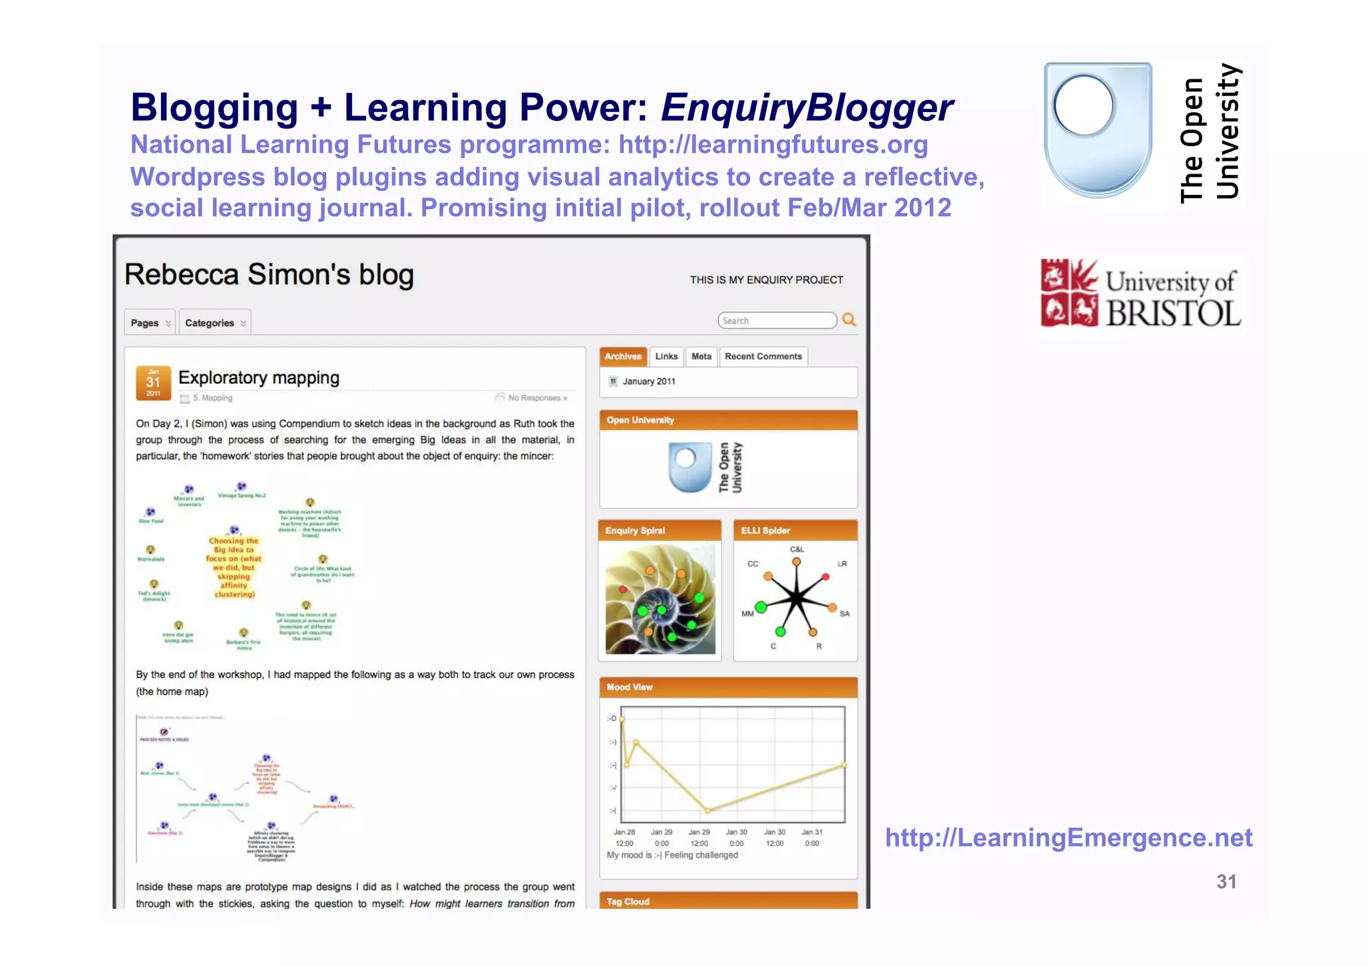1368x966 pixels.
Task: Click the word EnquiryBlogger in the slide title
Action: click(x=807, y=108)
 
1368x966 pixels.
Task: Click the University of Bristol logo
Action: click(x=1141, y=294)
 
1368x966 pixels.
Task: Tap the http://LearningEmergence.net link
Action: click(x=1068, y=838)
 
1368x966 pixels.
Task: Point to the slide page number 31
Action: click(x=1226, y=882)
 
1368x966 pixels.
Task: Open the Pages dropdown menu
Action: click(x=150, y=323)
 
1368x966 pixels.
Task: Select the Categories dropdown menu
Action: click(x=214, y=323)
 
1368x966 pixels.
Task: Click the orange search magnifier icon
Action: click(x=849, y=320)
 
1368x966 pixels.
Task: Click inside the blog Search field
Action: click(x=776, y=321)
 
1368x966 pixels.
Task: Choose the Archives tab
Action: click(x=623, y=356)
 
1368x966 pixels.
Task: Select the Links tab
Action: click(x=666, y=356)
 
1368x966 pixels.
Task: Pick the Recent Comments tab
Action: click(x=763, y=356)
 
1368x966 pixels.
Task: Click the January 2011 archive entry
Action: click(x=649, y=382)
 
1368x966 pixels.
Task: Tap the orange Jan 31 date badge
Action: click(x=153, y=383)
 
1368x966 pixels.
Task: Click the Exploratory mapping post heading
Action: click(x=259, y=378)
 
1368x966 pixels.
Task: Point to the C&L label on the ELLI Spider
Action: click(x=797, y=549)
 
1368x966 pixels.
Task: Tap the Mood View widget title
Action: click(x=629, y=687)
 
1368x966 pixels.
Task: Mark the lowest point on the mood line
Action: click(x=708, y=810)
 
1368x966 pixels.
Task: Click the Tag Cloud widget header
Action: click(x=628, y=901)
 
